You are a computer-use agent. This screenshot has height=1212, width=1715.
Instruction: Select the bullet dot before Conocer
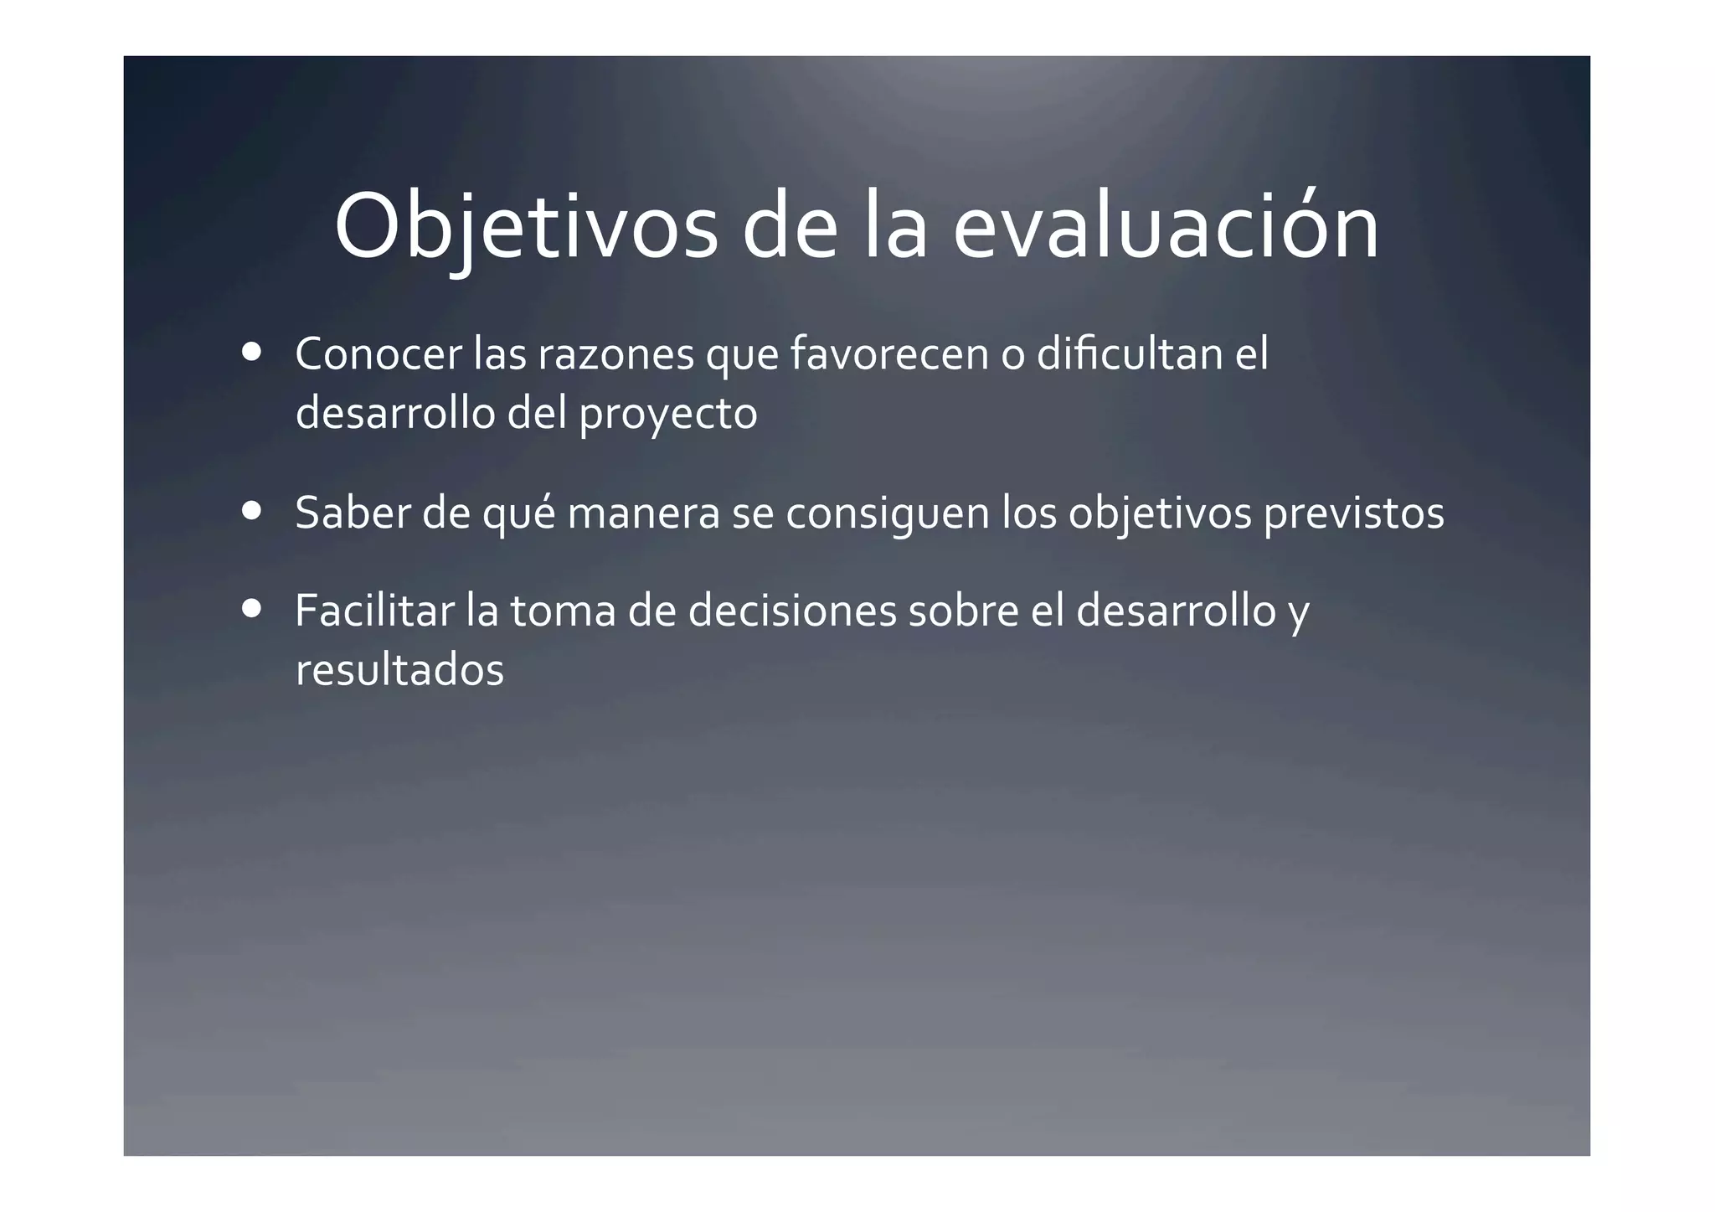tap(250, 352)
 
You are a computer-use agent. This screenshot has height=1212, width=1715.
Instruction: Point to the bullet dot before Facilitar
tap(250, 609)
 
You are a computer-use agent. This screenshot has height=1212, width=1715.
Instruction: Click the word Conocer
tap(379, 353)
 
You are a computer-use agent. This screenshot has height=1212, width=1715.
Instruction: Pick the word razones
tap(615, 355)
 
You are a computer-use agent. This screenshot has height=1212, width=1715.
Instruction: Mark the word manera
tap(643, 514)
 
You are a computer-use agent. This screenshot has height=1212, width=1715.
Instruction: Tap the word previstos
tap(1353, 514)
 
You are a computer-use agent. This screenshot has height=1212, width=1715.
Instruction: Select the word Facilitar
tap(374, 611)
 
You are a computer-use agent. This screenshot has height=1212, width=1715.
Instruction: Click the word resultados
tap(399, 670)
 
